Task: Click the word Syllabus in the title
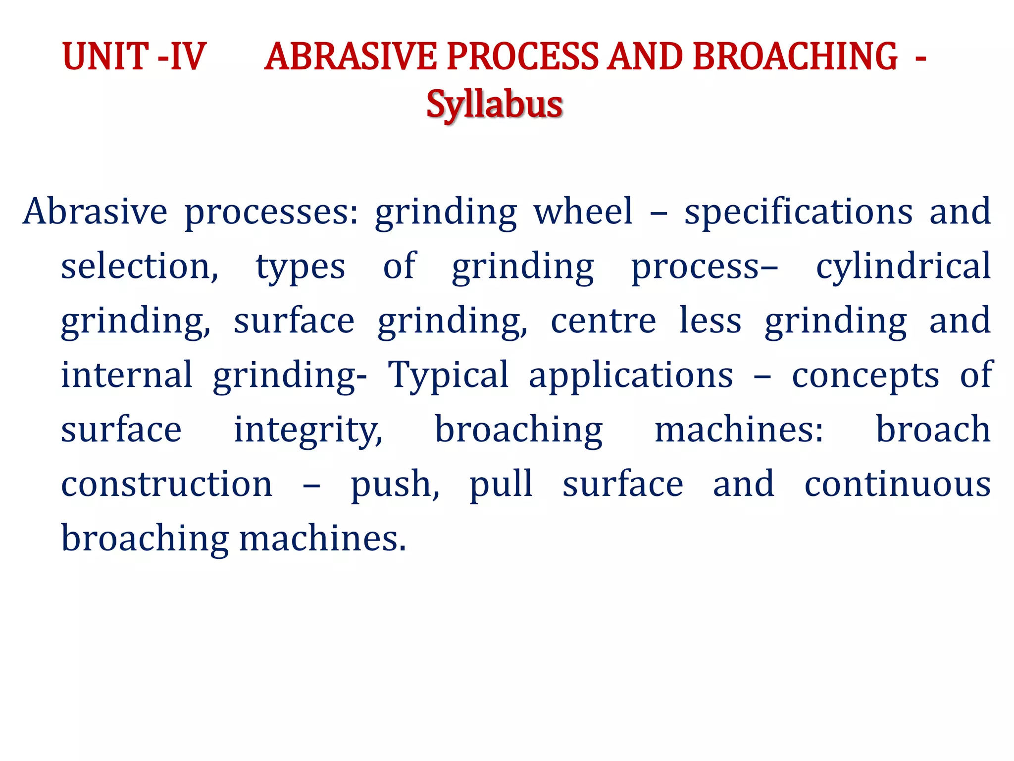click(494, 105)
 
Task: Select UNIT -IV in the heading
click(134, 56)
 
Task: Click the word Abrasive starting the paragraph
click(95, 212)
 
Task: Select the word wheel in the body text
click(583, 212)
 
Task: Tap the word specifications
click(798, 212)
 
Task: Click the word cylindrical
click(903, 267)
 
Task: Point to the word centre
click(603, 321)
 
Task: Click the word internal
click(126, 375)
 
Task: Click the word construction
click(166, 484)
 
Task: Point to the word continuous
click(897, 484)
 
